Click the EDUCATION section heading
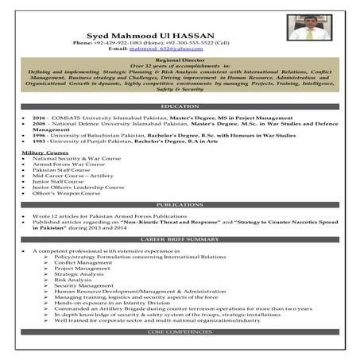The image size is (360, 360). (x=179, y=106)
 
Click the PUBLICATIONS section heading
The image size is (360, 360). (x=179, y=205)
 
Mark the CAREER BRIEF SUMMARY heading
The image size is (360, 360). (x=179, y=238)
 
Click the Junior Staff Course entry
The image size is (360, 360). (x=57, y=181)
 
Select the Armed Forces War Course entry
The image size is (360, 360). (x=64, y=164)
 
